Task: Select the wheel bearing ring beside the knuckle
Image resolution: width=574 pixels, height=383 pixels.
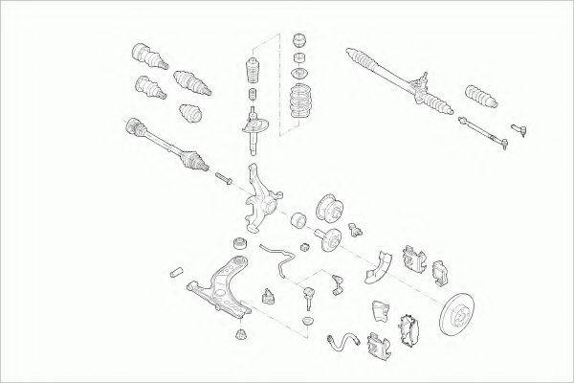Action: click(x=297, y=221)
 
